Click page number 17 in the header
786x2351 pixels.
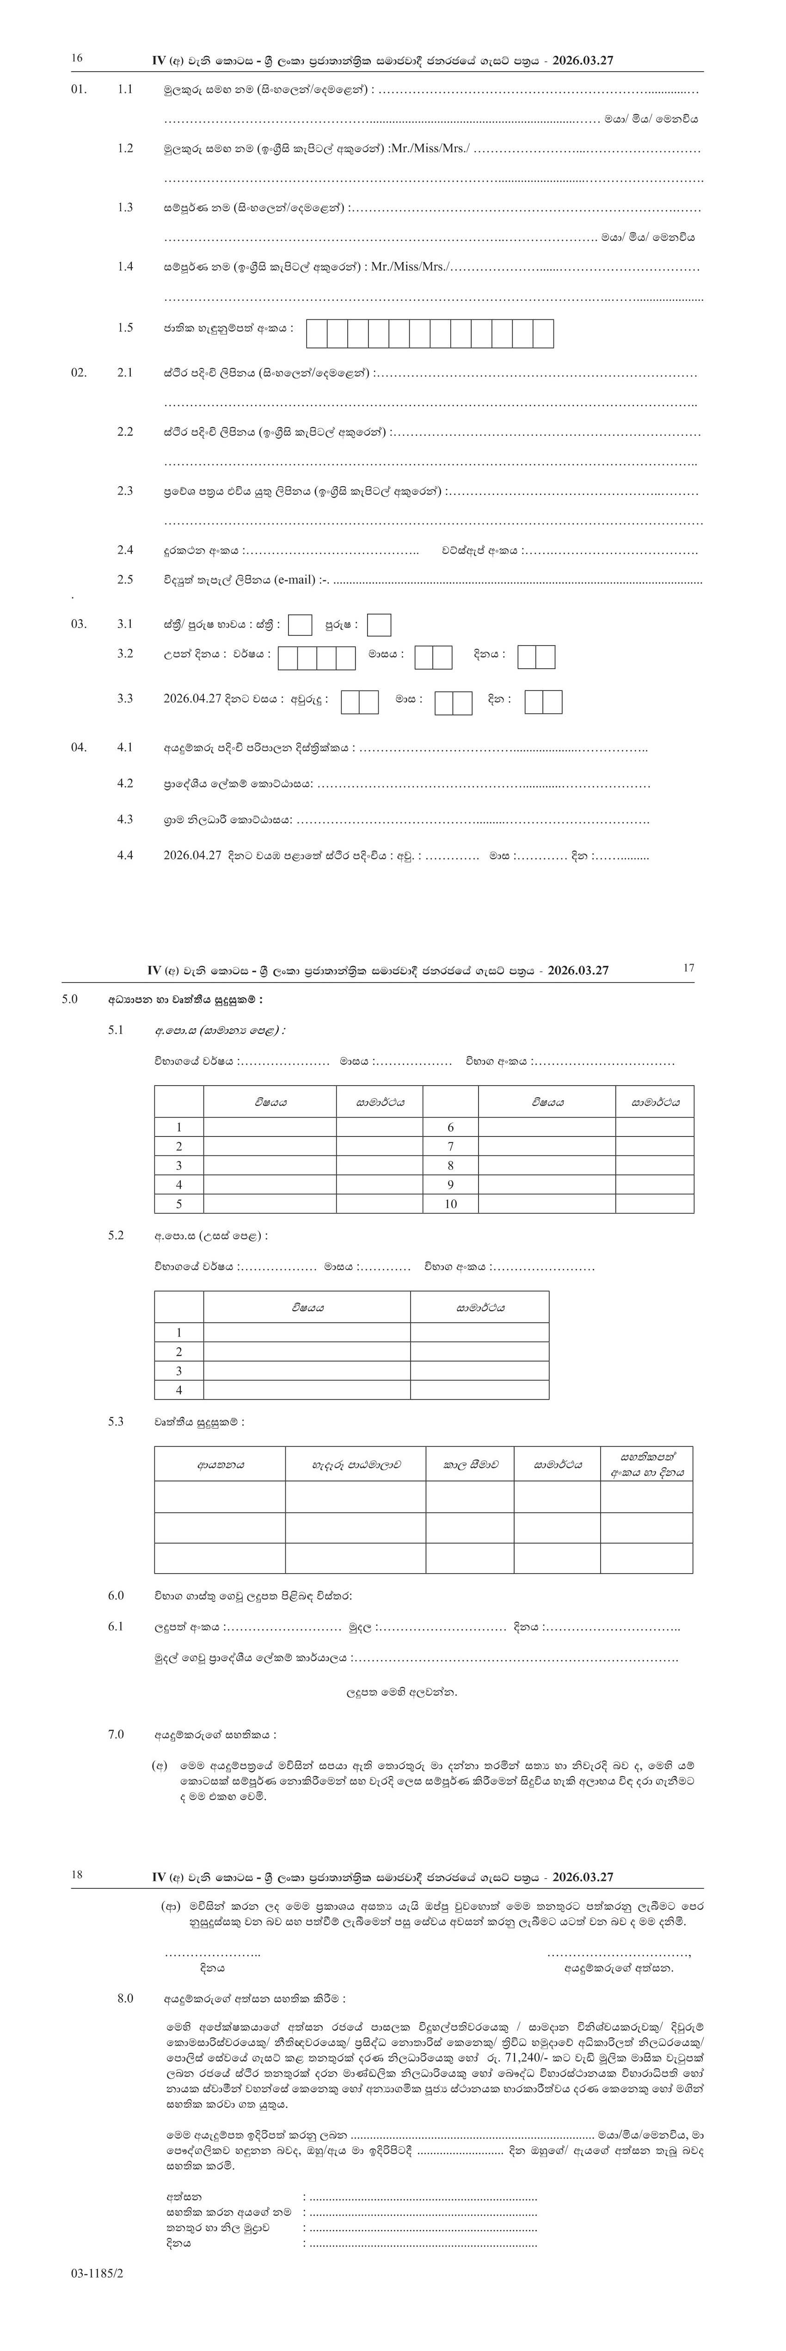click(689, 968)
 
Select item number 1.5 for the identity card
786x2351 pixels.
click(125, 328)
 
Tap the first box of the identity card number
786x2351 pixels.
click(317, 334)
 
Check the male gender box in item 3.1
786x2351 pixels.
click(379, 625)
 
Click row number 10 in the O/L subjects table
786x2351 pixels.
click(450, 1204)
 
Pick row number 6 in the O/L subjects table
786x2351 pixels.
click(450, 1127)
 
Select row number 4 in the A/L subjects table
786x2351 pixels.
click(179, 1390)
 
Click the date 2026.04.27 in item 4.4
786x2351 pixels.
click(192, 856)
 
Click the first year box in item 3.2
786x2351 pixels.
click(289, 658)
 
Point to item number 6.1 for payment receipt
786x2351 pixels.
click(116, 1626)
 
